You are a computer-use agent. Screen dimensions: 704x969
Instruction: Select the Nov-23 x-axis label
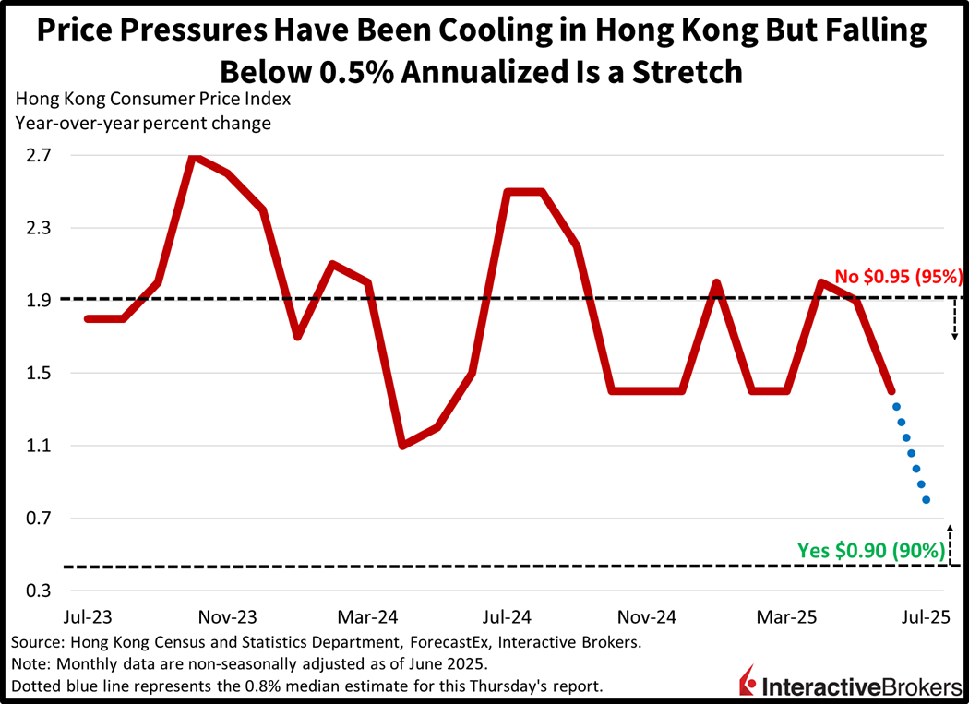(228, 616)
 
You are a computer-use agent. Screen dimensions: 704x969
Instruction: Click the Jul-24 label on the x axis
(506, 616)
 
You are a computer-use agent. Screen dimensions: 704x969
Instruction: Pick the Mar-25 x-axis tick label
(784, 616)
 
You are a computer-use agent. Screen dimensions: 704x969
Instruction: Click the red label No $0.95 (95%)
(899, 276)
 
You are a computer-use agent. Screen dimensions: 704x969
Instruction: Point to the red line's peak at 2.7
(192, 157)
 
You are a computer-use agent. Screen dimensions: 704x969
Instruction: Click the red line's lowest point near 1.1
(402, 446)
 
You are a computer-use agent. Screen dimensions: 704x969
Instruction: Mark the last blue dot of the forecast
(926, 500)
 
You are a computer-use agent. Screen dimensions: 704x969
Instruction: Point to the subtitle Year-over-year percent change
(144, 123)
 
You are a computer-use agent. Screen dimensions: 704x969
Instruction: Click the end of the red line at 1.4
(891, 391)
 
